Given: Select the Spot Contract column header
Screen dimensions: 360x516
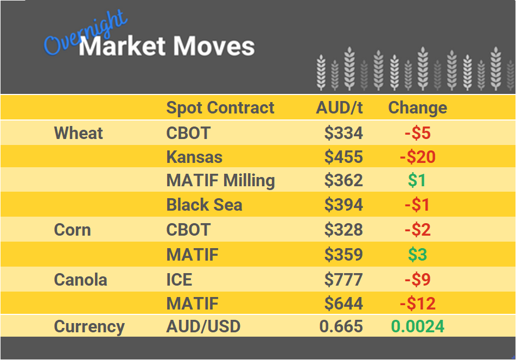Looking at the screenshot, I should [x=220, y=108].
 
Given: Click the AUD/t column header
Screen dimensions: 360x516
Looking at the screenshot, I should [x=339, y=108].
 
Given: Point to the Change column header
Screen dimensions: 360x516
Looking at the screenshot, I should [x=417, y=108].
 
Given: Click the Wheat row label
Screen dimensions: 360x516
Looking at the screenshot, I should [x=79, y=133].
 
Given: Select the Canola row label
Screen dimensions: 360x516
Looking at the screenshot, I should [x=80, y=280].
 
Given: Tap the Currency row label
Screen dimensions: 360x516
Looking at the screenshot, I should [x=89, y=327].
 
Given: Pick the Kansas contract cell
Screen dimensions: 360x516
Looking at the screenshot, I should [x=194, y=157].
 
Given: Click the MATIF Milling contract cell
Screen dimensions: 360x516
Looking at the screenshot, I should [x=220, y=180].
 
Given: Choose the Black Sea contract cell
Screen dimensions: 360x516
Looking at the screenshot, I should [x=204, y=205].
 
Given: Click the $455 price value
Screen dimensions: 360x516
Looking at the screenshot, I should [x=343, y=157].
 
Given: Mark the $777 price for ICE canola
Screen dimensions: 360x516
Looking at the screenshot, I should [x=343, y=280].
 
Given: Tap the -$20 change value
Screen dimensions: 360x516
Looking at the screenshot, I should [x=417, y=157].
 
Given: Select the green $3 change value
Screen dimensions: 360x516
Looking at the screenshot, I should [x=417, y=255].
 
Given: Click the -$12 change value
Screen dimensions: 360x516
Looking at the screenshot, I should [x=417, y=303].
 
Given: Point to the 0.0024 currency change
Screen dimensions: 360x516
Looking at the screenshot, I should [x=417, y=327].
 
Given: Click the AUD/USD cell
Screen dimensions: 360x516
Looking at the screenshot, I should [x=203, y=327].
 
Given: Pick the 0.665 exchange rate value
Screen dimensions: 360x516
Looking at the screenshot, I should [x=341, y=327].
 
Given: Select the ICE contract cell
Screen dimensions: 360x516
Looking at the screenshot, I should [x=179, y=280].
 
